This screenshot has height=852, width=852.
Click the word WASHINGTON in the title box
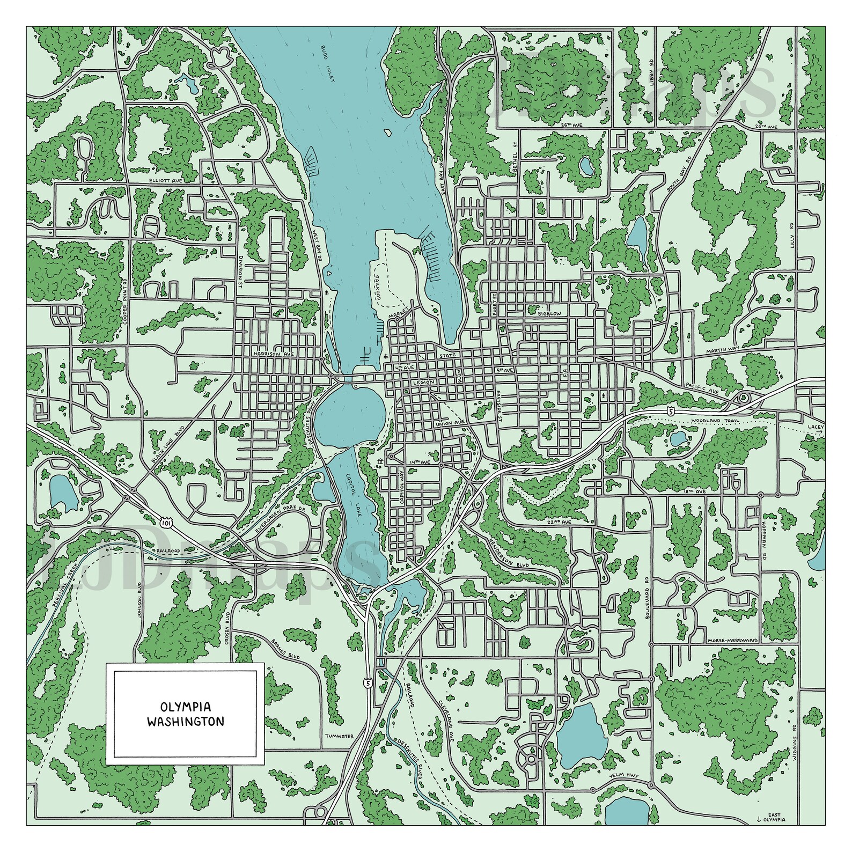click(x=186, y=722)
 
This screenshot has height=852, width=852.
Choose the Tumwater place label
click(x=339, y=736)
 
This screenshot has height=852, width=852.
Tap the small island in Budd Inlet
click(x=386, y=132)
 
